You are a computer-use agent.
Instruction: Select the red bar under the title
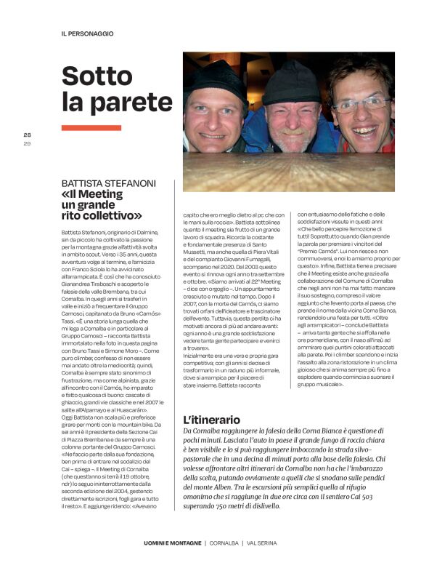click(x=91, y=127)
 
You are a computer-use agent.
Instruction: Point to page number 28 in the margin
click(x=27, y=135)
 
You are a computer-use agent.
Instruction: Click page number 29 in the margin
click(x=27, y=143)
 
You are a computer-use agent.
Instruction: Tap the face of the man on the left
click(x=214, y=116)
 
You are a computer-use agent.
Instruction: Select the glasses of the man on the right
click(x=361, y=104)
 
